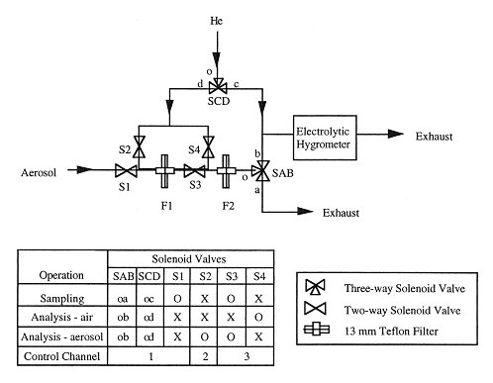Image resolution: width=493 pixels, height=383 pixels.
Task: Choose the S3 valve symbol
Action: coord(195,171)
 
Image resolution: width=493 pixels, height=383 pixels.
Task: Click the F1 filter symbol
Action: coord(158,171)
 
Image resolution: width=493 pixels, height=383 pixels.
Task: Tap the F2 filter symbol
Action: coord(227,171)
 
